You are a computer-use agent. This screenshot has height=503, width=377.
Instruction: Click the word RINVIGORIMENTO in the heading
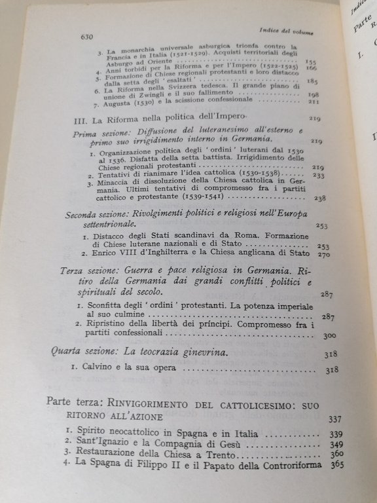tap(158, 402)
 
